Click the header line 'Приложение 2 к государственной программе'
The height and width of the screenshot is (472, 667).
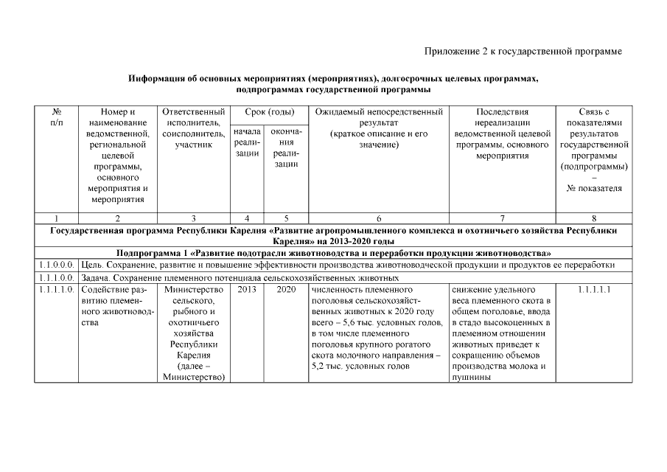(x=523, y=51)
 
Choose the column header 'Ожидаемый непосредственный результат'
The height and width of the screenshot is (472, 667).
(x=379, y=128)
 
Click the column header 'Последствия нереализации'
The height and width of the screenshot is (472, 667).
(x=503, y=133)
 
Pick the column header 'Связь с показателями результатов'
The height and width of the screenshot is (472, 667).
(x=593, y=150)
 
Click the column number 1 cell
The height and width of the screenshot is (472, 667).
(x=56, y=218)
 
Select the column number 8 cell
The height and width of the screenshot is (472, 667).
(x=593, y=218)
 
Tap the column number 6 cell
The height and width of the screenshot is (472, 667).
(x=379, y=218)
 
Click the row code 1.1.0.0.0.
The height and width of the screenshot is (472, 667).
(x=56, y=265)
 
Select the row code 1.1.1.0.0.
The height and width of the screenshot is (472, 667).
(x=56, y=278)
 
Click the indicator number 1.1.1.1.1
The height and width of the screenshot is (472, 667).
(x=593, y=290)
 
